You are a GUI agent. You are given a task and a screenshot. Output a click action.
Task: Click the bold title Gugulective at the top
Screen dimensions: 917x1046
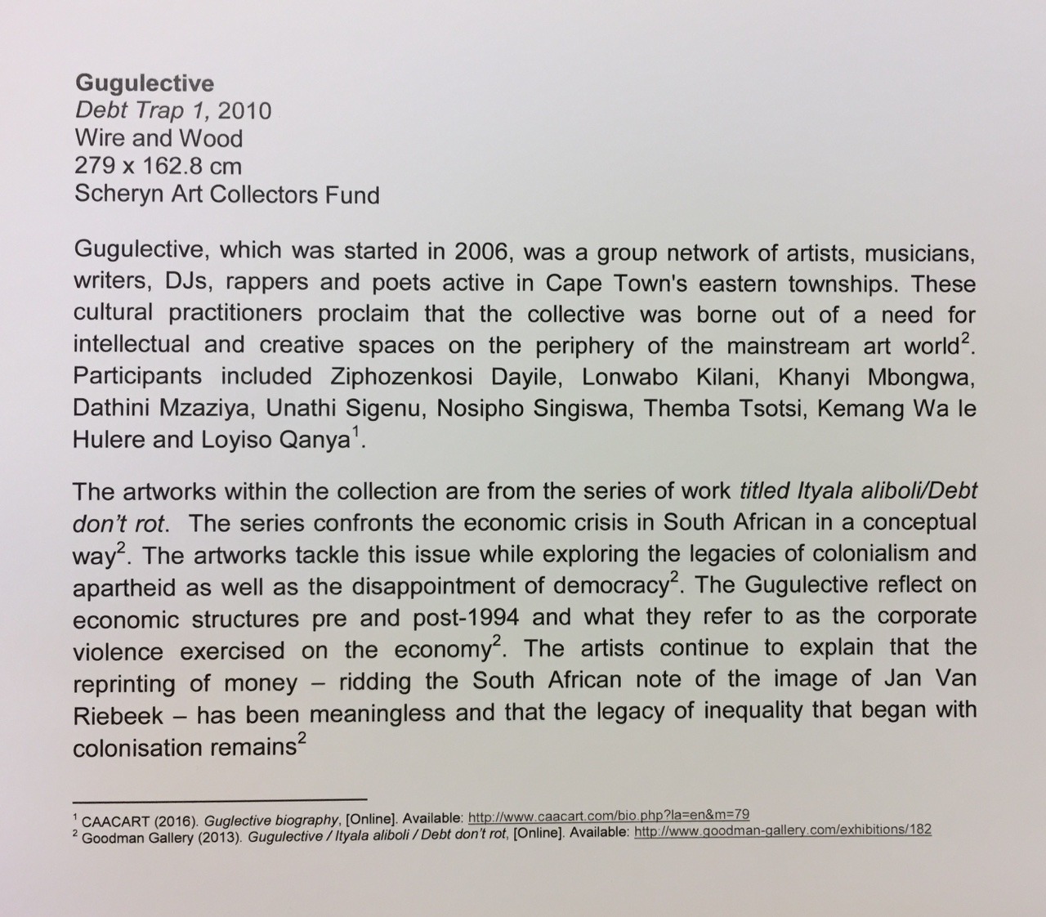pos(144,83)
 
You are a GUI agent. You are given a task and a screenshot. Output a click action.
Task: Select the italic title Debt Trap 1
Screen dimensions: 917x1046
pos(141,110)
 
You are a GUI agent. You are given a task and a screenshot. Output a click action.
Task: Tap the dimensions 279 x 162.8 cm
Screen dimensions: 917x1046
pos(158,166)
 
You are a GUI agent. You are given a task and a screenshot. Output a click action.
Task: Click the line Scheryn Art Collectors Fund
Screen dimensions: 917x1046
pos(226,195)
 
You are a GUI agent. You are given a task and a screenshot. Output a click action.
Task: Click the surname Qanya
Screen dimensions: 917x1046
pos(315,440)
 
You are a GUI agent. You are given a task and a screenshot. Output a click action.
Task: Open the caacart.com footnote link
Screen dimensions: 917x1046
pos(608,816)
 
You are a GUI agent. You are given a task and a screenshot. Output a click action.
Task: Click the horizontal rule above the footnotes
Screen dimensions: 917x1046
pos(220,798)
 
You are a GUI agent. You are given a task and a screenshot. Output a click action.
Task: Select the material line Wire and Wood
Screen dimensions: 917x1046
pos(159,138)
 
